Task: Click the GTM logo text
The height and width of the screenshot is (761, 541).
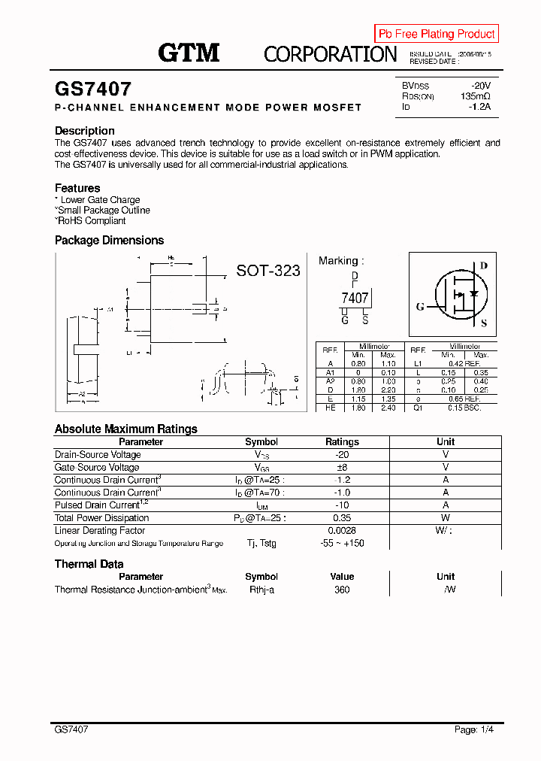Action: coord(189,53)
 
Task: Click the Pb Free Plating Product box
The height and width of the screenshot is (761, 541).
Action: coord(437,34)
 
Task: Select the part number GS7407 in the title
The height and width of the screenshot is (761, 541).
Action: coord(93,89)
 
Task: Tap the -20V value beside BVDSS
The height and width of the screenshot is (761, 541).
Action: coord(480,86)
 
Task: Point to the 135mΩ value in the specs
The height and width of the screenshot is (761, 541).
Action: coord(475,96)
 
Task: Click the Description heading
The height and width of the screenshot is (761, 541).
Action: coord(85,131)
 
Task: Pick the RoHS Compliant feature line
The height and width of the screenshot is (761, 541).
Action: coord(90,221)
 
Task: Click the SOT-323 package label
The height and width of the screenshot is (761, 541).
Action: coord(268,271)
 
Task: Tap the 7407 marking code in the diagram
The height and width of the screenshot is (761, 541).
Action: coord(355,298)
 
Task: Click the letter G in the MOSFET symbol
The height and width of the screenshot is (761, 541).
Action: coord(420,307)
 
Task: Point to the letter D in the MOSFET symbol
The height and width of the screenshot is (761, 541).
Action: coord(483,265)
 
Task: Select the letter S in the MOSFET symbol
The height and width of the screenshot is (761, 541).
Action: coord(483,323)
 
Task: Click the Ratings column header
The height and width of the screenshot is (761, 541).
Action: coord(342,442)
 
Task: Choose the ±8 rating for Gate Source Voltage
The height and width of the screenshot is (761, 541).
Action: coord(342,467)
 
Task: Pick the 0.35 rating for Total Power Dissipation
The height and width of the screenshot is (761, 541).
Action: coord(342,518)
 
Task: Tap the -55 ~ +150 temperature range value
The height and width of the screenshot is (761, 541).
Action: coord(342,543)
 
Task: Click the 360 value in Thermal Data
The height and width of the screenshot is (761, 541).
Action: coord(342,590)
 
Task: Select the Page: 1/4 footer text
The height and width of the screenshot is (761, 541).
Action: coord(474,729)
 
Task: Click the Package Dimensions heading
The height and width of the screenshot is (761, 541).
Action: coord(109,241)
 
